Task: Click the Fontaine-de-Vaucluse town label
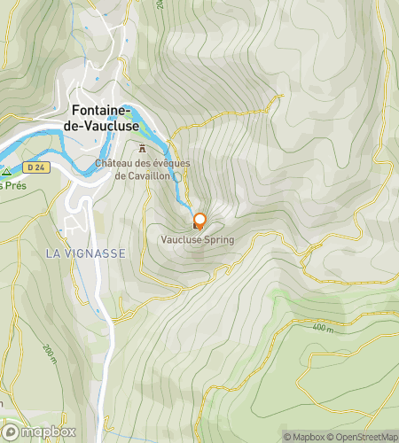[104, 119]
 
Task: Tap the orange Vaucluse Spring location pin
[199, 221]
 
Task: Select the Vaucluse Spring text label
[197, 239]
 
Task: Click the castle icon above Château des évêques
[141, 150]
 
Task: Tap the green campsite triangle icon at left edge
[6, 172]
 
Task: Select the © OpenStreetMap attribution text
[364, 436]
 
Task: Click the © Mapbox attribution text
[304, 436]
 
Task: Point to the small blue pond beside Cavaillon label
[176, 177]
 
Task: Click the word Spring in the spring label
[217, 239]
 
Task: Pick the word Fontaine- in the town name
[102, 111]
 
